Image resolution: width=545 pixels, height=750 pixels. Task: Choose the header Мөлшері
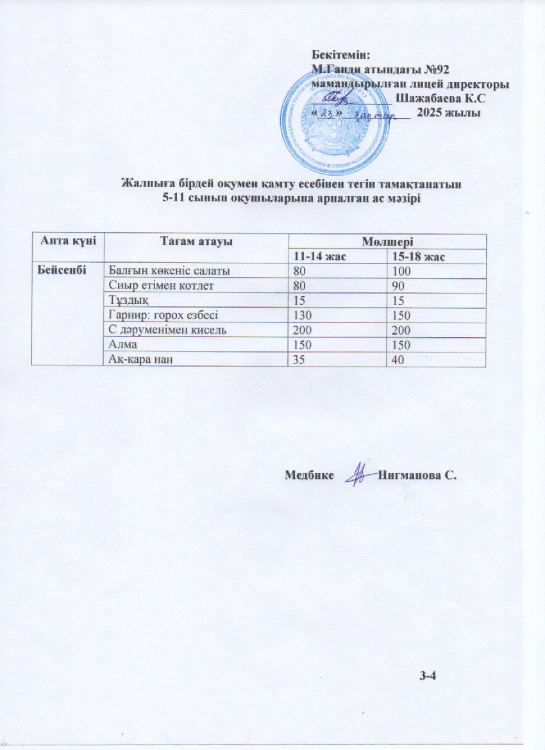pyautogui.click(x=386, y=241)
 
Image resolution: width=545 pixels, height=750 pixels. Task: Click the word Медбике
pyautogui.click(x=308, y=475)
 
